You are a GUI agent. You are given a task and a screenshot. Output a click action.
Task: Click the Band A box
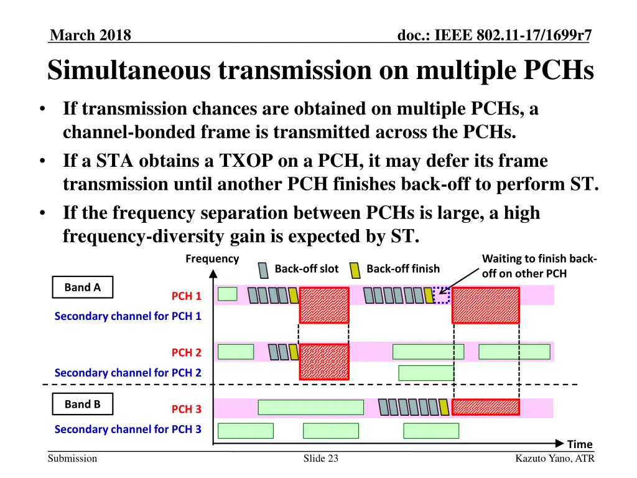82,287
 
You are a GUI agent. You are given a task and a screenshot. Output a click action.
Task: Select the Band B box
82,405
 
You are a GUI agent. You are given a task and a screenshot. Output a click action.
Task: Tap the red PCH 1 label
187,296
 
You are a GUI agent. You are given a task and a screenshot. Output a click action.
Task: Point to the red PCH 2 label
187,353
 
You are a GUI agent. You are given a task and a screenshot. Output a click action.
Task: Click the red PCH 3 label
187,410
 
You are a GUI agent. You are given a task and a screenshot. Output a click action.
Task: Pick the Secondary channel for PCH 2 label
128,373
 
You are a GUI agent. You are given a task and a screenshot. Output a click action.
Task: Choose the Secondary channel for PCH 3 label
128,429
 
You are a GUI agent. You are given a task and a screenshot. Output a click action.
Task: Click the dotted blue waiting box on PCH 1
441,295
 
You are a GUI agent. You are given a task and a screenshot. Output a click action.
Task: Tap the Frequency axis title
212,258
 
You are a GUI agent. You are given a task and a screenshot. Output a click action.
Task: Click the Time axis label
580,444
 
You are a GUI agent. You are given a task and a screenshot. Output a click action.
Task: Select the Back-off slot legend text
306,269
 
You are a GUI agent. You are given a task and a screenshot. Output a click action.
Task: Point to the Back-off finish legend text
403,269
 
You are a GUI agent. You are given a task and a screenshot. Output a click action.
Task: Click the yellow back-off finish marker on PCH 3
444,407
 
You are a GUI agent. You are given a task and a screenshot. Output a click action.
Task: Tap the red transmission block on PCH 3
485,407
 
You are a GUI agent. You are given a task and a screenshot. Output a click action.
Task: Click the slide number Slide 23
320,459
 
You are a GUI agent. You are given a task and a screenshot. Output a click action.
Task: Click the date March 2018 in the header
90,35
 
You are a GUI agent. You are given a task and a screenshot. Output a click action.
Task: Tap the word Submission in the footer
73,459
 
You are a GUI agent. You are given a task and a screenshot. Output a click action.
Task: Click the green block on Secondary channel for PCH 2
426,373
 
